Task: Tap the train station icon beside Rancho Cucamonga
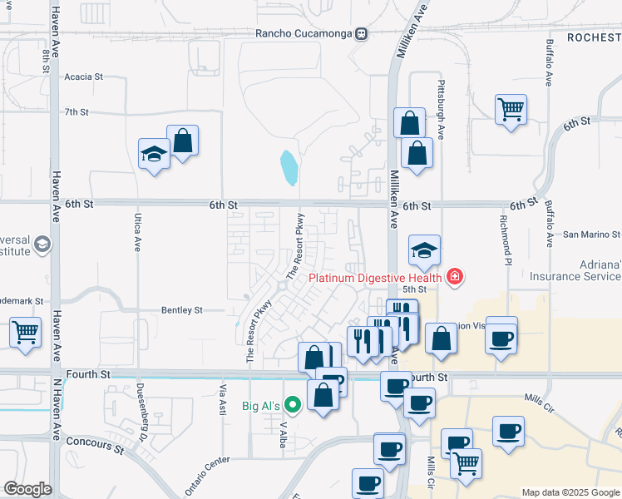pyautogui.click(x=361, y=33)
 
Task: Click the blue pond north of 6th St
pyautogui.click(x=289, y=167)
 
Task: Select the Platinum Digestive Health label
pyautogui.click(x=375, y=278)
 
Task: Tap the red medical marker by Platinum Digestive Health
pyautogui.click(x=455, y=277)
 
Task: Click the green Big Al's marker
pyautogui.click(x=293, y=406)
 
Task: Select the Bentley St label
pyautogui.click(x=181, y=310)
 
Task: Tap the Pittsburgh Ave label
pyautogui.click(x=442, y=100)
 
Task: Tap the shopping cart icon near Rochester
pyautogui.click(x=511, y=109)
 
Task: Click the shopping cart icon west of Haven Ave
pyautogui.click(x=25, y=332)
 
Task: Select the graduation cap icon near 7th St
pyautogui.click(x=154, y=153)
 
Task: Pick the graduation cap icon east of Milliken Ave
pyautogui.click(x=424, y=249)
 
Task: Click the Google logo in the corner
pyautogui.click(x=27, y=489)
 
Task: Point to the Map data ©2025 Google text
pyautogui.click(x=570, y=492)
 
